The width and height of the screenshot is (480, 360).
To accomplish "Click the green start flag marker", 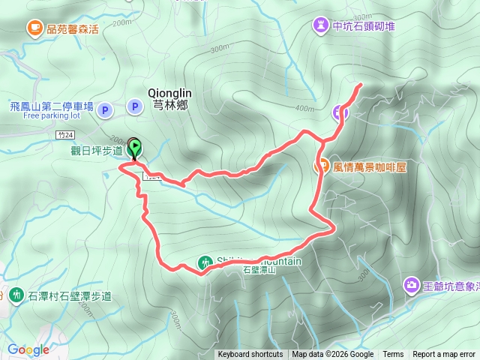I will pos(135,148).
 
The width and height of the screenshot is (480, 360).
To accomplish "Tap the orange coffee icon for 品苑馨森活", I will pos(34,28).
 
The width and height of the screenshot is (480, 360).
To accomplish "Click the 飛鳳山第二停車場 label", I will pos(52,107).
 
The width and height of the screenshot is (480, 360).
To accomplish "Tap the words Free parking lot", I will pos(51,116).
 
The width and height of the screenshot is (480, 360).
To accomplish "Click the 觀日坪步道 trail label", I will pos(97,149).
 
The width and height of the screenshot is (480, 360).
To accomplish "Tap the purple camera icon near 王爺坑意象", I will pos(411,285).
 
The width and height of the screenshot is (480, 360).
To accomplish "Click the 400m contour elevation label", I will pos(304,109).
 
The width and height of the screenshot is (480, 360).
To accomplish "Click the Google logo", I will pos(28,349).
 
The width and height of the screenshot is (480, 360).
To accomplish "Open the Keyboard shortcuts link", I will pos(250,355).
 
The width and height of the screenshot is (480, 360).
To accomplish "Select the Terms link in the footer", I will pos(393,355).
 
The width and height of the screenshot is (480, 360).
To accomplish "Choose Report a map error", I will pos(444,355).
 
